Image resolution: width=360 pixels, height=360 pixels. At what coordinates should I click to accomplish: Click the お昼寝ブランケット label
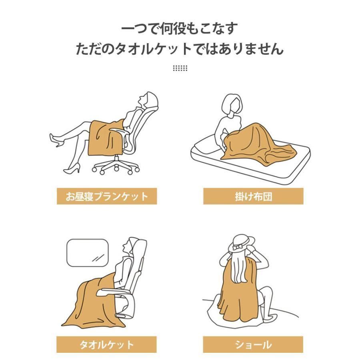click(107, 196)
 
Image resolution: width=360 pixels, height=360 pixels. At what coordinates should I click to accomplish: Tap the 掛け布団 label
click(253, 196)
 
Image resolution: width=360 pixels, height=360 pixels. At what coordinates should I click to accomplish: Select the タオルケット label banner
click(106, 345)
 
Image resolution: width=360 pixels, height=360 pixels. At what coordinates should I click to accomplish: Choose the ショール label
click(253, 345)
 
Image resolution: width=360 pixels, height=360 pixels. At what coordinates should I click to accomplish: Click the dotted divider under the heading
click(180, 68)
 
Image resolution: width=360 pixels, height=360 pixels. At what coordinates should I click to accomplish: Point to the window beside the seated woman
click(88, 253)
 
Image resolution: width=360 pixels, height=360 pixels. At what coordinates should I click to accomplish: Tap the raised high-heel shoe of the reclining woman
click(55, 140)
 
